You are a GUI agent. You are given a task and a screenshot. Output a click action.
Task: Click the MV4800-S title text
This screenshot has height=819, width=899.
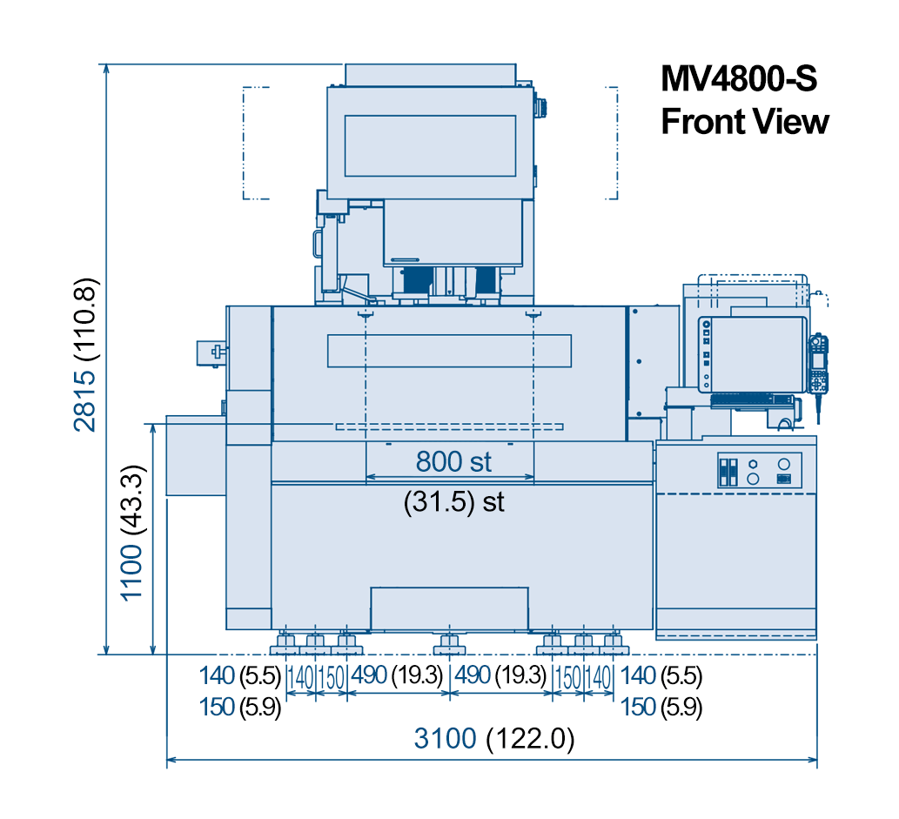tap(739, 78)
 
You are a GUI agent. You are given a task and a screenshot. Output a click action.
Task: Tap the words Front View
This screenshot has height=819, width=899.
tap(745, 122)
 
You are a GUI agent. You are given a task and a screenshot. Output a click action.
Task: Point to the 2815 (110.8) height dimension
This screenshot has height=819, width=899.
tap(85, 354)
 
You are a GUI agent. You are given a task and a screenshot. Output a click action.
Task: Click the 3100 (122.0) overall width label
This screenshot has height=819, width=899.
tap(494, 738)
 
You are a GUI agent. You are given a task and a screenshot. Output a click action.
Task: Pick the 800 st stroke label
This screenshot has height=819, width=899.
tap(453, 461)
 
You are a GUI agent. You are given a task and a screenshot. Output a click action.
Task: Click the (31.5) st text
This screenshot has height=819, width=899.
tap(453, 502)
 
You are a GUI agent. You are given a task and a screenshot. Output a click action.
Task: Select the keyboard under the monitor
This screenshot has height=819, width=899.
tap(752, 399)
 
